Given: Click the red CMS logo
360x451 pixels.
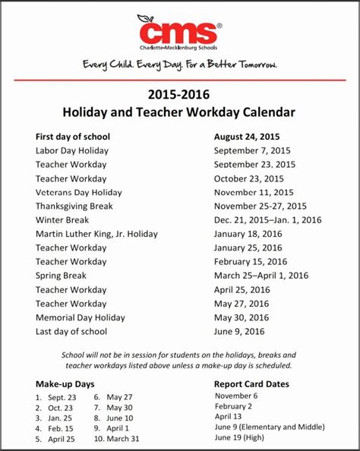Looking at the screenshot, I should [179, 33].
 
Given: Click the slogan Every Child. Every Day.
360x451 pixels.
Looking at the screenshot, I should [180, 65].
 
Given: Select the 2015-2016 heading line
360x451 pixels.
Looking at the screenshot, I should [180, 96].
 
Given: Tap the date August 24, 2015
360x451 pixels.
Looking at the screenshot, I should [248, 137].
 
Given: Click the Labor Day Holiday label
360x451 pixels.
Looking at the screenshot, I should [72, 150].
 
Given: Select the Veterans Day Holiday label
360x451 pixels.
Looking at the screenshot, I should [78, 192].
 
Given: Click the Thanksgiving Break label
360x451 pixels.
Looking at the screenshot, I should [74, 206].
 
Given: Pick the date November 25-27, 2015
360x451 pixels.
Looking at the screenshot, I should [261, 206].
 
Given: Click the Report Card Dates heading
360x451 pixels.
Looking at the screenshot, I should [251, 384].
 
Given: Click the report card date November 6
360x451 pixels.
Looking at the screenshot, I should [236, 396].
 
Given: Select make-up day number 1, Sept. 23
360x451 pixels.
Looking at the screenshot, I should [57, 397].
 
